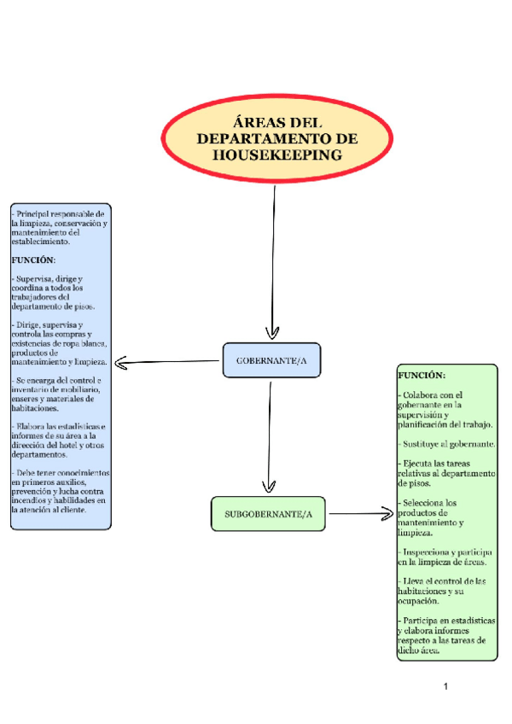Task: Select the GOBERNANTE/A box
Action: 271,362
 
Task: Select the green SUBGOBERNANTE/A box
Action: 268,514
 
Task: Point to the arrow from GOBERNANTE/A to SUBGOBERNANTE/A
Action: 270,435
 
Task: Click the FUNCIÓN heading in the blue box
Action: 33,260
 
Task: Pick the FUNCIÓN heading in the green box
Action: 422,375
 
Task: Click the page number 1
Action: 445,686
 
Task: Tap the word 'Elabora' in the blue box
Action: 32,426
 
